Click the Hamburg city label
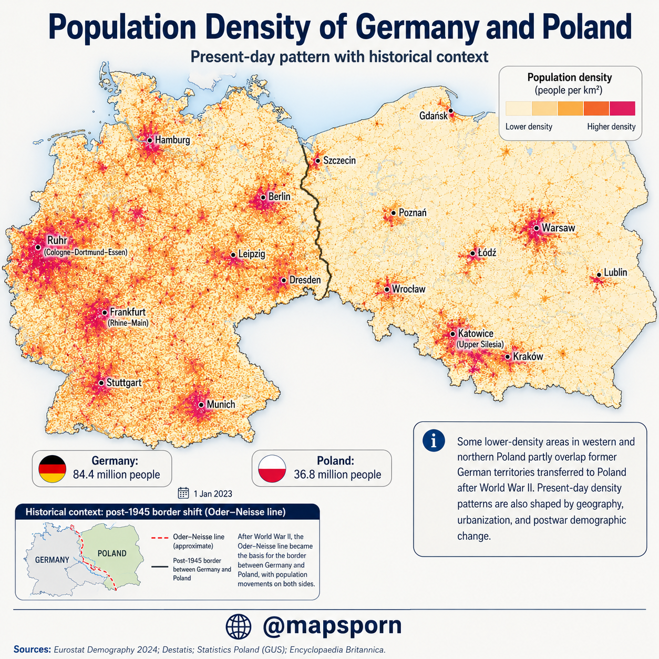point(172,140)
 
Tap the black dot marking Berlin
point(263,197)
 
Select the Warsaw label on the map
point(559,228)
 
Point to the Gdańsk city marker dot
point(451,110)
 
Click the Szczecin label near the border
point(339,160)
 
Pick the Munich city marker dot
point(201,405)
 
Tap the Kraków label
point(528,356)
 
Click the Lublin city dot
point(599,275)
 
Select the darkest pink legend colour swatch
point(622,108)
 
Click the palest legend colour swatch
point(519,108)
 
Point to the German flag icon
point(53,469)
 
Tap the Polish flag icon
point(272,469)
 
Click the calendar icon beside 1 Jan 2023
point(183,493)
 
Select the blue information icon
point(434,440)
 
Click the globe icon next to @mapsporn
point(239,627)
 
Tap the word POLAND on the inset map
point(112,553)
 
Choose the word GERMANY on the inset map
point(52,560)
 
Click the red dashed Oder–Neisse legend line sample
point(160,538)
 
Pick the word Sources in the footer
point(32,650)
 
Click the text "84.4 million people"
point(116,475)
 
